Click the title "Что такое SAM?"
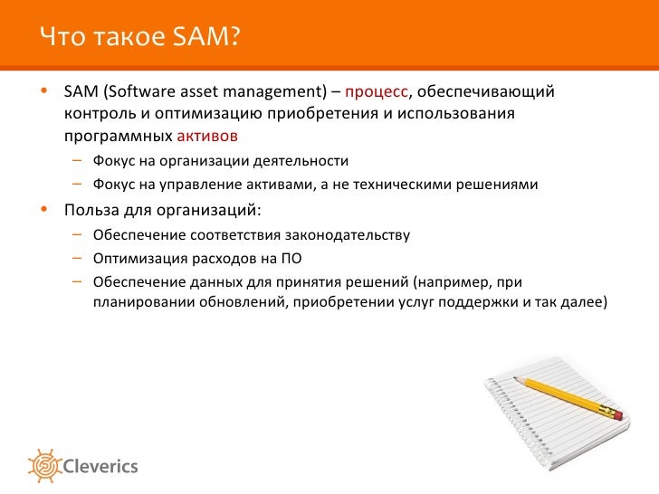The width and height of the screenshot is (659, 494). [x=140, y=36]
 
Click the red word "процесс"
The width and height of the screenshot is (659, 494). [x=377, y=92]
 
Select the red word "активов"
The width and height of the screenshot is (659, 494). [x=207, y=136]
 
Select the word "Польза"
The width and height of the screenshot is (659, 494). [x=91, y=210]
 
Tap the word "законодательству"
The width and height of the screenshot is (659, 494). [x=348, y=235]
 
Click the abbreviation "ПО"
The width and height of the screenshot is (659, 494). [x=291, y=258]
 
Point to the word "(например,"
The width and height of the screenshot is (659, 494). [x=453, y=282]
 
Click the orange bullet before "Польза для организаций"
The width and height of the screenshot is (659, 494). [x=44, y=209]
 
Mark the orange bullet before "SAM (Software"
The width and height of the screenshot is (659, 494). [x=44, y=90]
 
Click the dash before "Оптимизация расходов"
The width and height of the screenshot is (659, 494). [x=77, y=258]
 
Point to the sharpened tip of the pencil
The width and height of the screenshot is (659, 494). [x=514, y=377]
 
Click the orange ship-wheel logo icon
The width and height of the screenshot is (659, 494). [x=44, y=466]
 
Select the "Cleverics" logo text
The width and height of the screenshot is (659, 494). [x=100, y=466]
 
